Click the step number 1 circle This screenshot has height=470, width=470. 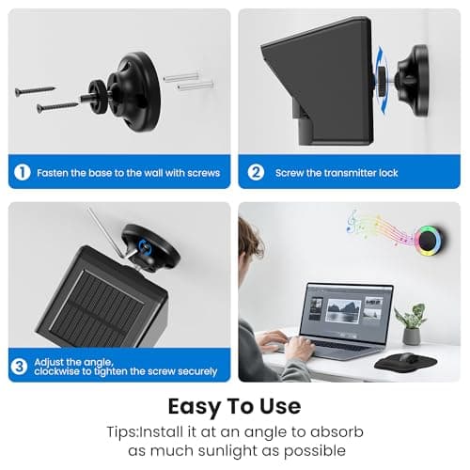pyautogui.click(x=23, y=172)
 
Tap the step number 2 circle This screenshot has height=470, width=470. pyautogui.click(x=256, y=172)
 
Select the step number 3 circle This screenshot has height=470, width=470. pyautogui.click(x=19, y=367)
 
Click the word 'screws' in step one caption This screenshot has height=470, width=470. pyautogui.click(x=204, y=173)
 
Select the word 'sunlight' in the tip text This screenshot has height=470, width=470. pyautogui.click(x=227, y=451)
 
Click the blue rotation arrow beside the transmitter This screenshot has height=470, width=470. pyautogui.click(x=382, y=80)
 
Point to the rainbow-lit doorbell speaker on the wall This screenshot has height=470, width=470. pyautogui.click(x=429, y=240)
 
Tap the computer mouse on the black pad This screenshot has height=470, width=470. pyautogui.click(x=408, y=358)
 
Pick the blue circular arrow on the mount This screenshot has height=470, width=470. pyautogui.click(x=146, y=247)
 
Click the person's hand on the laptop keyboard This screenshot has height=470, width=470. pyautogui.click(x=298, y=347)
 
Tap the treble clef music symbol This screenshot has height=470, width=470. pyautogui.click(x=352, y=221)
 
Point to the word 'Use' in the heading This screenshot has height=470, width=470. pyautogui.click(x=280, y=406)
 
